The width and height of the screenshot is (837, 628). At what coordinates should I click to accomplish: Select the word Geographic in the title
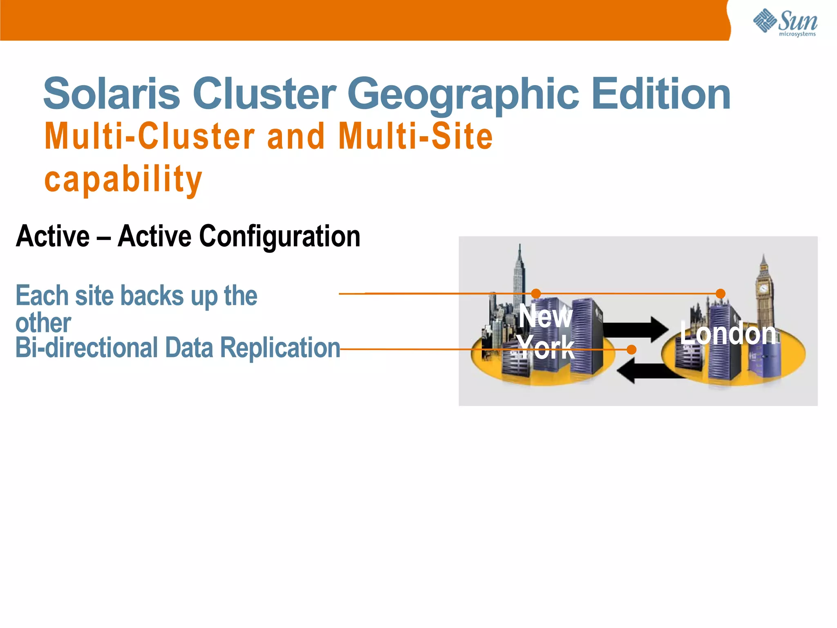click(x=463, y=95)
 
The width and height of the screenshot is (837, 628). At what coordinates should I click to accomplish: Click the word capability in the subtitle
click(x=123, y=180)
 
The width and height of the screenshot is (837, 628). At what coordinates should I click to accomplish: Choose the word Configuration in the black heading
click(x=280, y=237)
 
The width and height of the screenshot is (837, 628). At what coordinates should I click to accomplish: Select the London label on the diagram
click(x=728, y=334)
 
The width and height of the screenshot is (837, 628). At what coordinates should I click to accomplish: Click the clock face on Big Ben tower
click(x=763, y=288)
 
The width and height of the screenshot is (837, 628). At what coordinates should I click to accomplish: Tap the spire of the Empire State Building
click(x=520, y=256)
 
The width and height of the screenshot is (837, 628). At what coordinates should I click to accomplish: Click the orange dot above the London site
click(x=721, y=294)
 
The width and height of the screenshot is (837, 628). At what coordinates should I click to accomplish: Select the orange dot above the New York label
click(x=536, y=294)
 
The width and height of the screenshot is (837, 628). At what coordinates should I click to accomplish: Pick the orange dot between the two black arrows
click(x=631, y=350)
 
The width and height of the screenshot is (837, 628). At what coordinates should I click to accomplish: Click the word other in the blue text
click(x=43, y=323)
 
